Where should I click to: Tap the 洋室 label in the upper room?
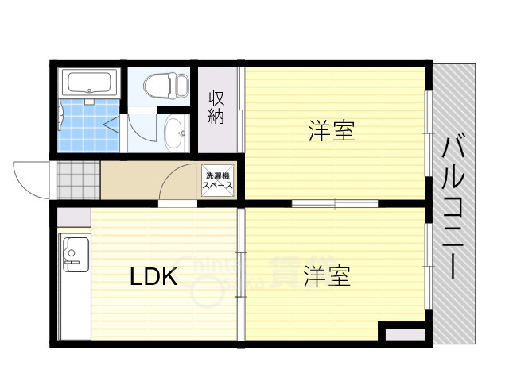tap(331, 131)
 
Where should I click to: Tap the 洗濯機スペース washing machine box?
tap(217, 180)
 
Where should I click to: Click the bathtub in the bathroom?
tap(91, 83)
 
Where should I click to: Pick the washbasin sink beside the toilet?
tap(173, 133)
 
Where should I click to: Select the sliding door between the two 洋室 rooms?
tap(334, 204)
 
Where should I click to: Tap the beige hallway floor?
tap(131, 180)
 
